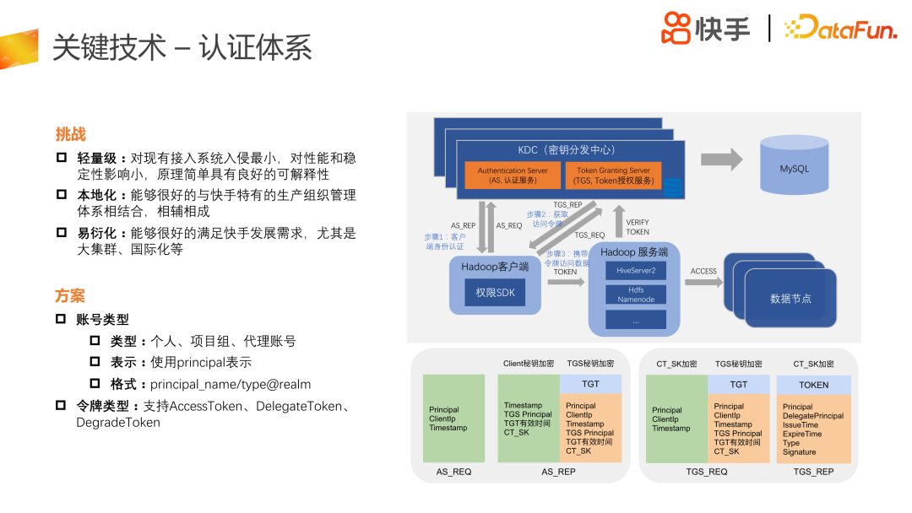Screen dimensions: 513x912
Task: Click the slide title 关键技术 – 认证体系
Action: coord(182,48)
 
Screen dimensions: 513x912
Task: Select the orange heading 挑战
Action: coord(70,134)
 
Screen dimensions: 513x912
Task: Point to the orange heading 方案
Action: coord(70,296)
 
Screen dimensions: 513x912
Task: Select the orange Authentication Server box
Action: coord(513,175)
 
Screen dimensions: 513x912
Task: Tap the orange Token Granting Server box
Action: coord(613,175)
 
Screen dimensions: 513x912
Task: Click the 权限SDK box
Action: coord(495,292)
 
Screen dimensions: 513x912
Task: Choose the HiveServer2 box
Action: coord(635,270)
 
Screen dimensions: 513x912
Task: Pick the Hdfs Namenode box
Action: coord(635,294)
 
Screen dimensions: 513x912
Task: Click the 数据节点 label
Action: coord(790,298)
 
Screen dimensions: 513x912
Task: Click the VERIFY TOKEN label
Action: coord(638,227)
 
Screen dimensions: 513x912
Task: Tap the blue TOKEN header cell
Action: coord(813,385)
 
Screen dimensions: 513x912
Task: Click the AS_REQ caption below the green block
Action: coord(453,472)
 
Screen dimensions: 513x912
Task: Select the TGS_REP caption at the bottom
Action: coord(813,472)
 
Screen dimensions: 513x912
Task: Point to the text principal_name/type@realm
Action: coord(231,384)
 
